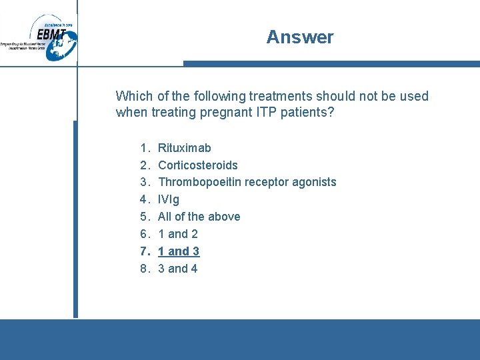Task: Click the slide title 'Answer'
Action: point(299,37)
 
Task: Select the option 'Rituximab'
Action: point(184,147)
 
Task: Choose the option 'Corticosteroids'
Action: point(197,165)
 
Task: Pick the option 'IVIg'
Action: point(169,199)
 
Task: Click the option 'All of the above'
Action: point(199,217)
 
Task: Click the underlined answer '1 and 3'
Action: point(179,251)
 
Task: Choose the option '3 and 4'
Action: point(177,269)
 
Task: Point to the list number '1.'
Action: point(145,147)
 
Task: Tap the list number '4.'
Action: point(145,199)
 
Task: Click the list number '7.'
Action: point(145,251)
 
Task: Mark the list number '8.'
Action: point(145,269)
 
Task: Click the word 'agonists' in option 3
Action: point(314,182)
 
